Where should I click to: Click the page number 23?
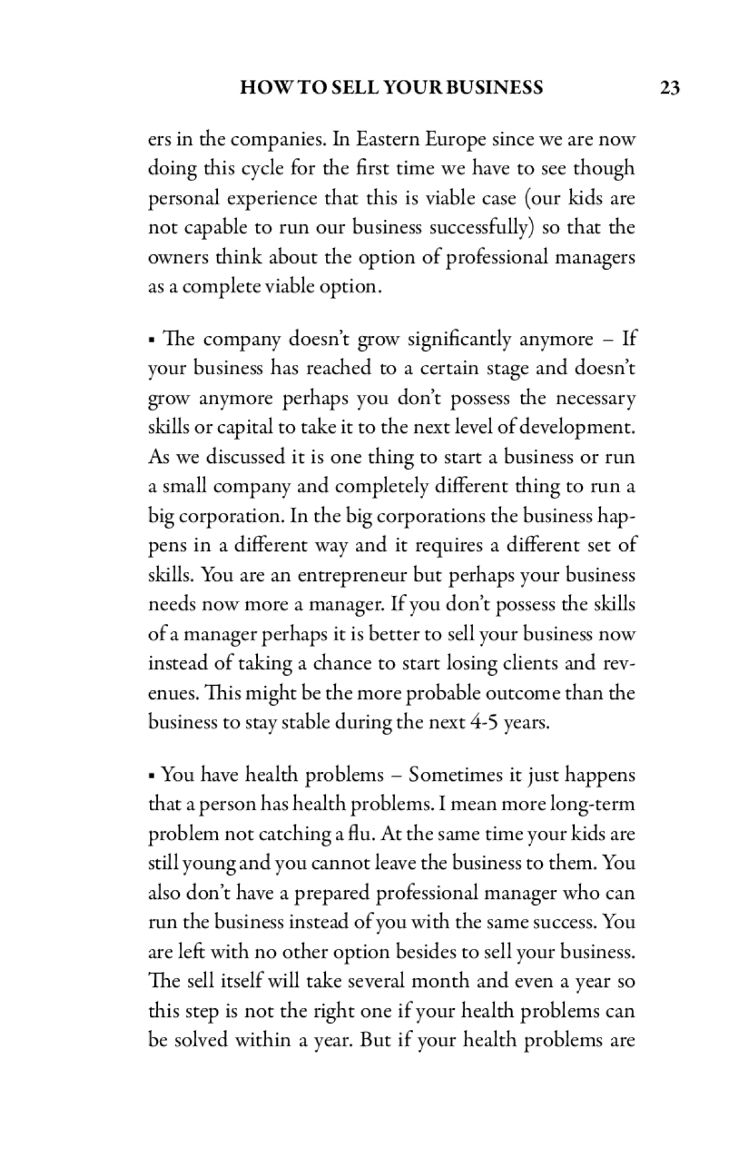click(669, 88)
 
